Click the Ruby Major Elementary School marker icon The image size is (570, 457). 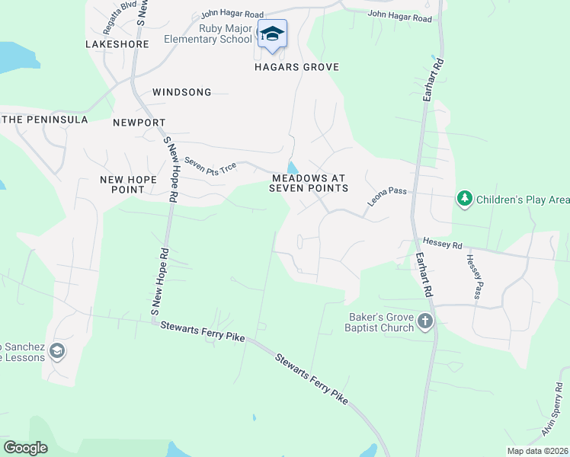point(272,34)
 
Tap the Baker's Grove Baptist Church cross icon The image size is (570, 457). point(425,322)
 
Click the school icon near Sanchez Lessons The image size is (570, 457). point(56,351)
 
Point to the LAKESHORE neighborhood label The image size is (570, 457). point(117,45)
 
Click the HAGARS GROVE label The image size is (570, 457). point(296,67)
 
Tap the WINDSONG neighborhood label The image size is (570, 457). point(181,92)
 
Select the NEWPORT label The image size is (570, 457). point(139,122)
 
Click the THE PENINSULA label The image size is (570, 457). point(45,120)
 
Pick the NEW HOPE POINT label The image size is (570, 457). point(128,184)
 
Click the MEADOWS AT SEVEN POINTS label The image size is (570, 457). point(309,183)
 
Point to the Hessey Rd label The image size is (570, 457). point(441,245)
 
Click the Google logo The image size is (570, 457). point(25,448)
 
